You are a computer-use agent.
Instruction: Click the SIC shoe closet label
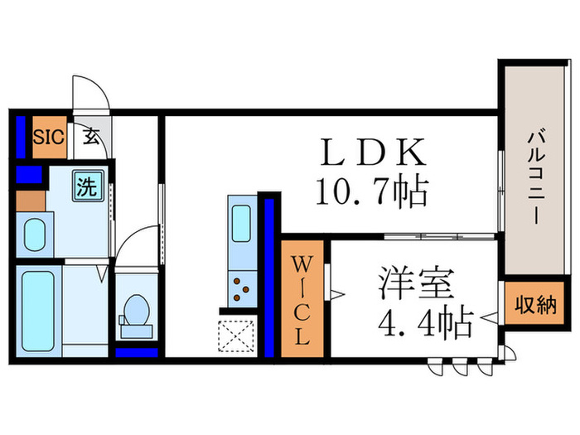pyautogui.click(x=49, y=137)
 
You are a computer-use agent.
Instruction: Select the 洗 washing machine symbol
pyautogui.click(x=88, y=186)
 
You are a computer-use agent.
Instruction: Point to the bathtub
pyautogui.click(x=38, y=312)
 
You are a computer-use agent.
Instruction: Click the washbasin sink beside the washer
pyautogui.click(x=35, y=234)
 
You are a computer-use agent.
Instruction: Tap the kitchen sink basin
pyautogui.click(x=241, y=224)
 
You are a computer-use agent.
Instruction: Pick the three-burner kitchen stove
pyautogui.click(x=242, y=289)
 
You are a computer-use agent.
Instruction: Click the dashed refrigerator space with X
pyautogui.click(x=236, y=336)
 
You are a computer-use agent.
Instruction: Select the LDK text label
pyautogui.click(x=374, y=152)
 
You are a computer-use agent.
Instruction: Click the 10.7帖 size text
pyautogui.click(x=372, y=191)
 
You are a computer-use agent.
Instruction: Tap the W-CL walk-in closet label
pyautogui.click(x=302, y=299)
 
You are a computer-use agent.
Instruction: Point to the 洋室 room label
pyautogui.click(x=416, y=283)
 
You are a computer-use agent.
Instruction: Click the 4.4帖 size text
pyautogui.click(x=426, y=321)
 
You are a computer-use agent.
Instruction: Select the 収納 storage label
pyautogui.click(x=535, y=305)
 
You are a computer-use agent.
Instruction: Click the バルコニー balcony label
pyautogui.click(x=536, y=176)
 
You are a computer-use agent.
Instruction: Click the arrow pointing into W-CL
pyautogui.click(x=337, y=294)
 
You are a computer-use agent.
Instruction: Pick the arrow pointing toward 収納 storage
pyautogui.click(x=489, y=317)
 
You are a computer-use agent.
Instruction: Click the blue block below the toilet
pyautogui.click(x=137, y=352)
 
